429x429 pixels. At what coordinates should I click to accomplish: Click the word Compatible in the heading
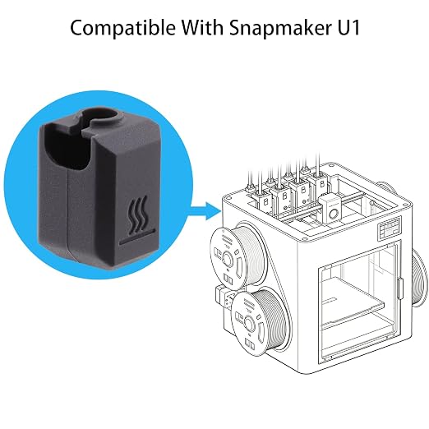(x=122, y=28)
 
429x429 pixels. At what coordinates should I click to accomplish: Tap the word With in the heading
(x=202, y=27)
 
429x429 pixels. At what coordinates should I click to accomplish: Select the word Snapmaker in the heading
(x=279, y=27)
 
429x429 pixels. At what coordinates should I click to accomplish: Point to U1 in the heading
(x=347, y=28)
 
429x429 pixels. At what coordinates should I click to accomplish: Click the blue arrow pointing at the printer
(x=205, y=211)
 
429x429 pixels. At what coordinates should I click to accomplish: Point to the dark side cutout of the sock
(x=67, y=149)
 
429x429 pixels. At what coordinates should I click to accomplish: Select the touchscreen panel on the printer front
(x=390, y=228)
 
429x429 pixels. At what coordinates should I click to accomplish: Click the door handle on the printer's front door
(x=400, y=289)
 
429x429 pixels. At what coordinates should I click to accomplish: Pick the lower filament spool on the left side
(x=259, y=321)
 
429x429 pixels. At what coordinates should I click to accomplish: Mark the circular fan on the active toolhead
(x=333, y=214)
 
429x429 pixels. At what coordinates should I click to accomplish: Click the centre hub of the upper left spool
(x=227, y=258)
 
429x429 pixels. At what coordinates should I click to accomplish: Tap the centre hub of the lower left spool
(x=249, y=321)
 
